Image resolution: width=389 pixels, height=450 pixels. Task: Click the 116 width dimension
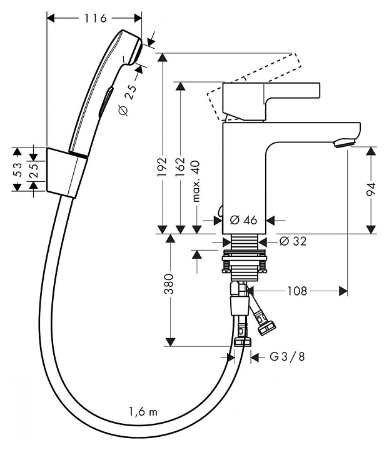pyautogui.click(x=94, y=19)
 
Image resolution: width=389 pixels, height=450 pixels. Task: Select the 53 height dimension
pyautogui.click(x=19, y=171)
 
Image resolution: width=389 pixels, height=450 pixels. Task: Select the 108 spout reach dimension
pyautogui.click(x=297, y=291)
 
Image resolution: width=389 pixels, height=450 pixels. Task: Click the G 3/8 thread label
pyautogui.click(x=287, y=357)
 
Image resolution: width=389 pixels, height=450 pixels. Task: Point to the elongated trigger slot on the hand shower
pyautogui.click(x=106, y=100)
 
